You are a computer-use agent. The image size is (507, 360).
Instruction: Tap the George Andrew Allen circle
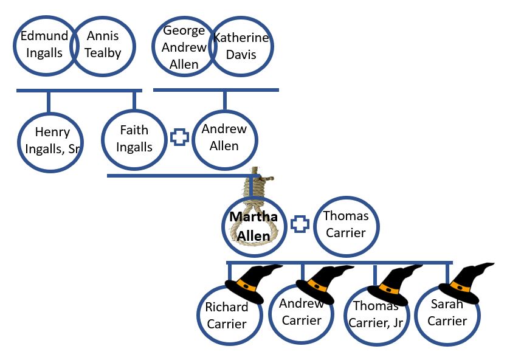point(184,47)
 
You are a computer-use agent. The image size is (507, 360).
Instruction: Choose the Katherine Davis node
point(240,47)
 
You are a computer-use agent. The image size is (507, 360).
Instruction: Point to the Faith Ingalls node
point(134,139)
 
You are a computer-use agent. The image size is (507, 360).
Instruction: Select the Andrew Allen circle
point(224,137)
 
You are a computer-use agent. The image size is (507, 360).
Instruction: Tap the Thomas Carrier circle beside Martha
point(345,224)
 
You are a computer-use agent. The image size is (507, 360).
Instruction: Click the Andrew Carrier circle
point(302,313)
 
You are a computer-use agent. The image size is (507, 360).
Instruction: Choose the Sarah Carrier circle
point(447,313)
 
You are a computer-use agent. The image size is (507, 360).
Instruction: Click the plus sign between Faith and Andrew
point(179,137)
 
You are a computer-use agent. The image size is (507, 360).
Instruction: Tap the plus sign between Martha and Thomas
point(298,224)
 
